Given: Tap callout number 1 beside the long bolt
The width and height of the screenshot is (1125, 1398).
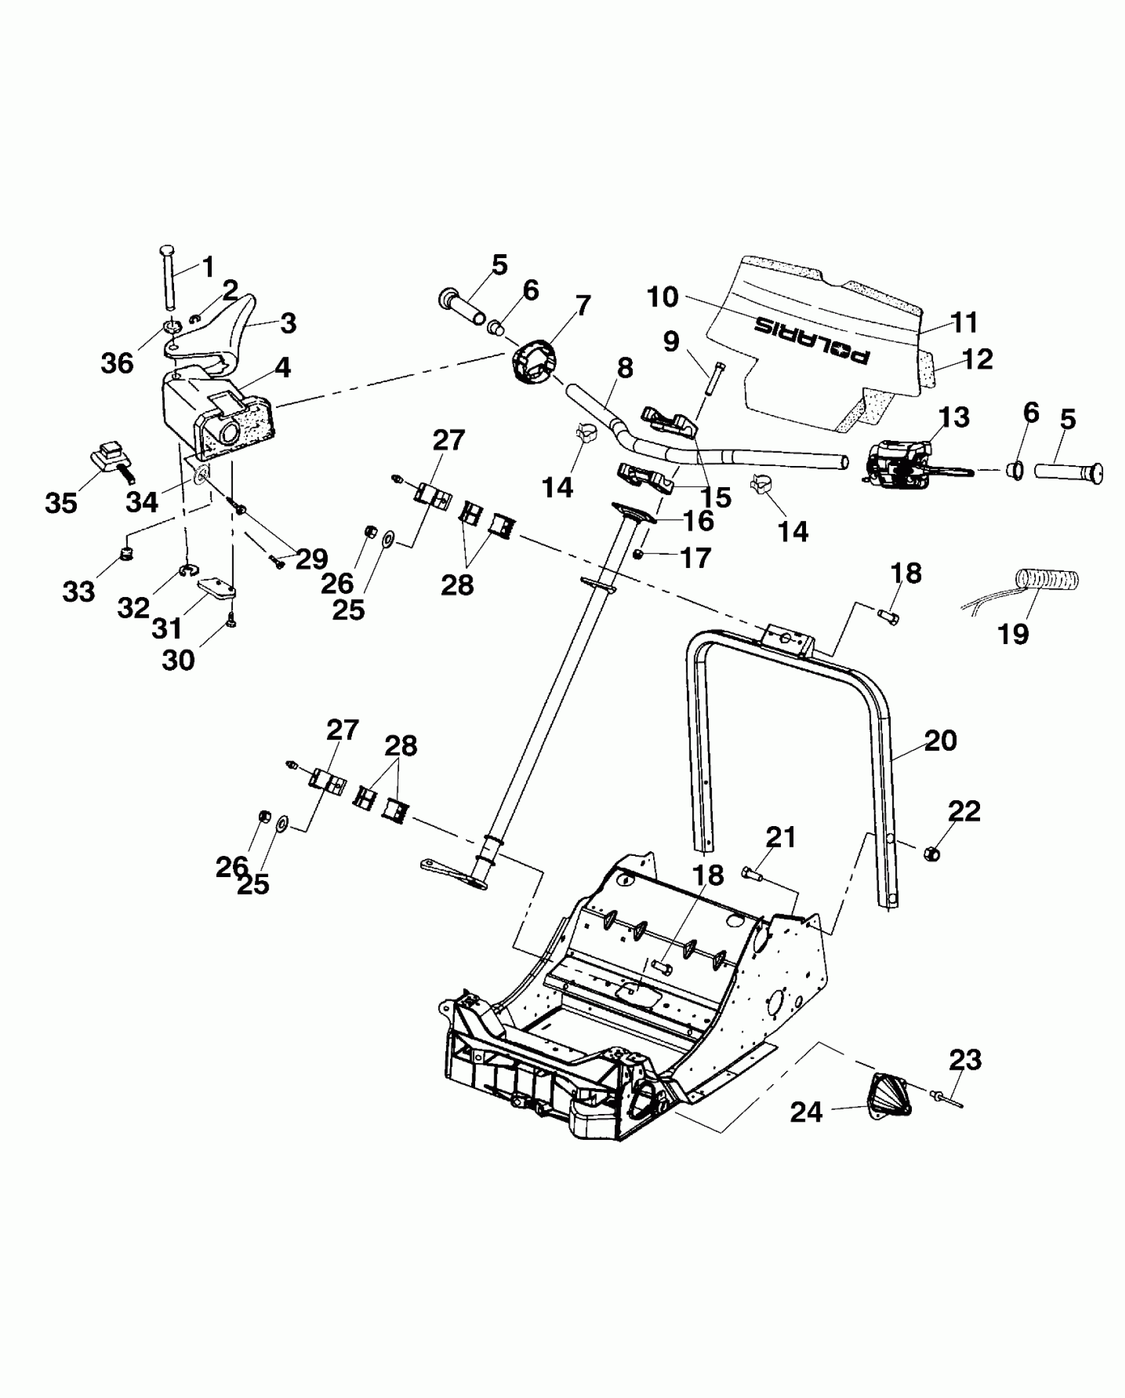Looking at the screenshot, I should [208, 267].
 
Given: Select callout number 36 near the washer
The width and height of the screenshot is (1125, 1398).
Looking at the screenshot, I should [117, 363].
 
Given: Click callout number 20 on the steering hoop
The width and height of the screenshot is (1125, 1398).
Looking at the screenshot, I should [940, 740].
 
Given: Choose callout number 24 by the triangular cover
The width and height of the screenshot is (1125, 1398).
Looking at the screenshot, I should [806, 1112].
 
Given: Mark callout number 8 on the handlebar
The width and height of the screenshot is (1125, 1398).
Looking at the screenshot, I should [625, 369].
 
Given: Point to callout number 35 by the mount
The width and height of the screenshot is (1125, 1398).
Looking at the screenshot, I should [61, 503].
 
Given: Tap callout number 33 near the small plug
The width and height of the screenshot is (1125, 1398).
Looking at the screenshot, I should [79, 591].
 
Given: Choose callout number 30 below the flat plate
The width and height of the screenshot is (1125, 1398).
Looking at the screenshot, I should [178, 659].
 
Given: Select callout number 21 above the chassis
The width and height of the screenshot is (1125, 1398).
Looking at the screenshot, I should [781, 837].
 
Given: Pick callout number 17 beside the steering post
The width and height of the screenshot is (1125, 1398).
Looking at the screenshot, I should [695, 557].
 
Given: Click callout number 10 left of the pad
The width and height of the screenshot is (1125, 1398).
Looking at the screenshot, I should [663, 297].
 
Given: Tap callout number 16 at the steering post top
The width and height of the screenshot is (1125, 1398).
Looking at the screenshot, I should [698, 521].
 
